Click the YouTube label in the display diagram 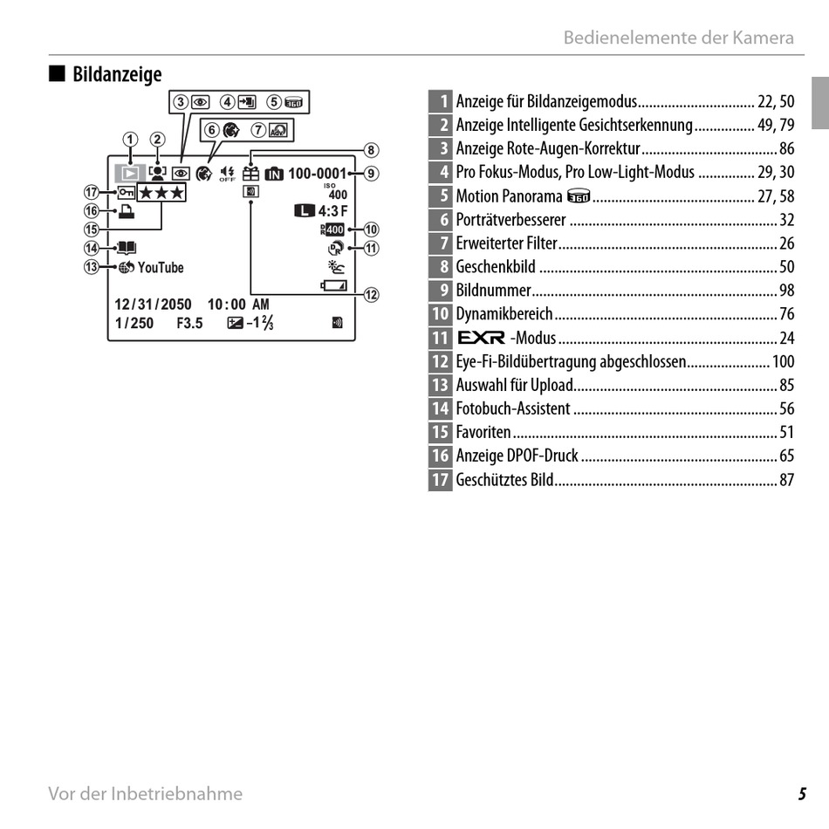click(161, 268)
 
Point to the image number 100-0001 click(317, 174)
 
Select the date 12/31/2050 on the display click(153, 305)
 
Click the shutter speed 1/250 click(134, 323)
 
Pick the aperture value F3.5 click(189, 323)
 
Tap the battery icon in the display click(332, 285)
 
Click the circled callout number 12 click(371, 294)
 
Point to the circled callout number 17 click(90, 192)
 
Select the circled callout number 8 click(371, 149)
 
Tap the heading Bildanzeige click(117, 74)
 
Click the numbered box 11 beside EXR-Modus click(441, 338)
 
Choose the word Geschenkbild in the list click(496, 267)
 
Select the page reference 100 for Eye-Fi click(783, 361)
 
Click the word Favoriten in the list click(483, 432)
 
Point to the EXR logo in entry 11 click(481, 338)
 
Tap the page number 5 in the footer click(801, 794)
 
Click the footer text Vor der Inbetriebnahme click(146, 794)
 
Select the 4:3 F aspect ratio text click(332, 211)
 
